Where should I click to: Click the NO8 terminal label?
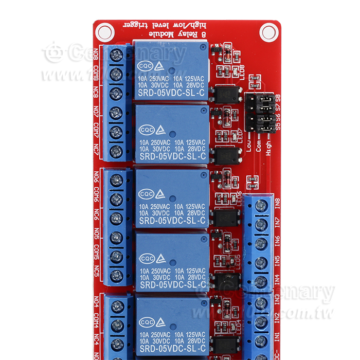[x=96, y=54]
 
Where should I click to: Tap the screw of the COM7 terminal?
[x=116, y=131]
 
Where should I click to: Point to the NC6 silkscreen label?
[x=96, y=218]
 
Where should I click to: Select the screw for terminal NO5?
[x=117, y=237]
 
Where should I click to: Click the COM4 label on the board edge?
[x=96, y=324]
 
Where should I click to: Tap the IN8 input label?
[x=277, y=203]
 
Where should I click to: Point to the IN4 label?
[x=277, y=280]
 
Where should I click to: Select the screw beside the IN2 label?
[x=261, y=321]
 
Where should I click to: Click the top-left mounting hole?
[x=104, y=32]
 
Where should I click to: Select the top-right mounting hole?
[x=268, y=32]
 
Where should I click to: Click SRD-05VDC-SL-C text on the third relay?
[x=172, y=221]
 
